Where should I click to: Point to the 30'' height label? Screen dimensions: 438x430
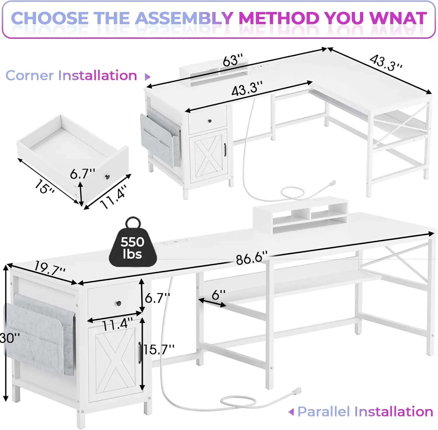point(10,338)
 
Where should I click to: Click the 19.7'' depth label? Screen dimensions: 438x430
point(50,268)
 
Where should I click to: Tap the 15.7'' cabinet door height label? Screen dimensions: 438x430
point(159,349)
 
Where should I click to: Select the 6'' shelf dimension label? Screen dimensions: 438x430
point(218,295)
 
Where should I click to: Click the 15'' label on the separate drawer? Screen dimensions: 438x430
point(44,187)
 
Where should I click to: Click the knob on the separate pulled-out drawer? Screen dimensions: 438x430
point(107,176)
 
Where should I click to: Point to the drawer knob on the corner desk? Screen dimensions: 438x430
point(210,121)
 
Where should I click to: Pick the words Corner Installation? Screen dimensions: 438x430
point(71,75)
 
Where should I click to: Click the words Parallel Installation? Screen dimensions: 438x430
point(365,412)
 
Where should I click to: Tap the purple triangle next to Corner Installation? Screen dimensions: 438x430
point(147,77)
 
